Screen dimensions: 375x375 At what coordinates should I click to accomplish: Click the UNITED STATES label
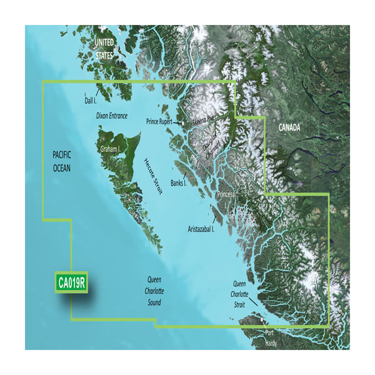pyautogui.click(x=104, y=48)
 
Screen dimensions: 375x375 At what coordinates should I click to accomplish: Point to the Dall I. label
pyautogui.click(x=91, y=99)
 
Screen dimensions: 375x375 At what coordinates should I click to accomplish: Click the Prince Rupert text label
pyautogui.click(x=161, y=121)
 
